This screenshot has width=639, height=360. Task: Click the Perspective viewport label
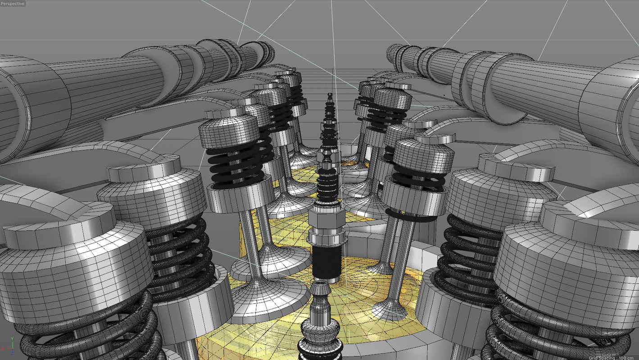click(x=13, y=4)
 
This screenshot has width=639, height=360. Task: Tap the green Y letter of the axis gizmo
click(x=13, y=338)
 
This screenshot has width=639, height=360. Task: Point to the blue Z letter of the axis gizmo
click(x=12, y=353)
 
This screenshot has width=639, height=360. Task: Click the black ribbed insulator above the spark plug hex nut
click(x=328, y=184)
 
